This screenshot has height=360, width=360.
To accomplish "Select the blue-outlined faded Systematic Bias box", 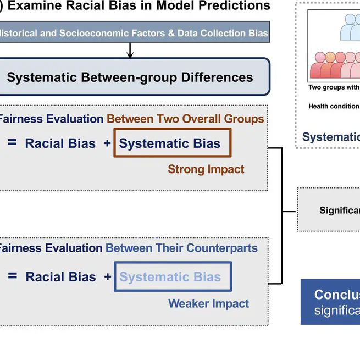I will [173, 277].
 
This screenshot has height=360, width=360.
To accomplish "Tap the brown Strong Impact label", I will [206, 169].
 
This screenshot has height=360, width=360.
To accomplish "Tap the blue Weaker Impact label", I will [208, 303].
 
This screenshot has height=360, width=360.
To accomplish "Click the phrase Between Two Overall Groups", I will [185, 119].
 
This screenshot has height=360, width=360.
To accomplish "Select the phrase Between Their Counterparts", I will [181, 248].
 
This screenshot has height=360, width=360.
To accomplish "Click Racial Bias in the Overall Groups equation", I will [60, 144].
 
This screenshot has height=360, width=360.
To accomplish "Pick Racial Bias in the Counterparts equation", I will [60, 277].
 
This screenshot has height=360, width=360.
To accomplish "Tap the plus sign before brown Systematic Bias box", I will [107, 144].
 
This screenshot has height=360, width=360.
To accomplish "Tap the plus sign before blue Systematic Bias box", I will [108, 277].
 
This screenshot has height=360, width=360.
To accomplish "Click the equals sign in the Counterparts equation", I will [12, 277].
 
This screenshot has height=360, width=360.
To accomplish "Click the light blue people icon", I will [350, 27].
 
